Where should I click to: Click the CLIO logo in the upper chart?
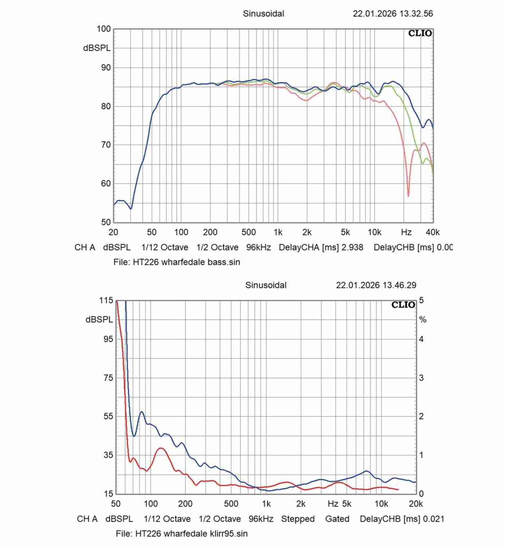pyautogui.click(x=420, y=34)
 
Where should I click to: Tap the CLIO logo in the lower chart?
pyautogui.click(x=403, y=305)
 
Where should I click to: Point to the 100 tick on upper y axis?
pyautogui.click(x=104, y=29)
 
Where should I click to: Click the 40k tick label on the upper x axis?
pyautogui.click(x=432, y=232)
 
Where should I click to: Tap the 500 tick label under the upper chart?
pyautogui.click(x=248, y=232)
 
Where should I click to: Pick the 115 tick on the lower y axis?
pyautogui.click(x=106, y=300)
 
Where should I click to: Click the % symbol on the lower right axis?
pyautogui.click(x=423, y=320)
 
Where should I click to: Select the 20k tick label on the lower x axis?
pyautogui.click(x=416, y=504)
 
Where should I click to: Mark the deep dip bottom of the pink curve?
pyautogui.click(x=408, y=196)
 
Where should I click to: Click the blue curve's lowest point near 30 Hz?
pyautogui.click(x=131, y=209)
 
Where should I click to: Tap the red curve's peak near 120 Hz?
pyautogui.click(x=161, y=448)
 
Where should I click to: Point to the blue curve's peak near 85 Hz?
pyautogui.click(x=141, y=412)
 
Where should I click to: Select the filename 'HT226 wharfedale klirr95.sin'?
pyautogui.click(x=191, y=534)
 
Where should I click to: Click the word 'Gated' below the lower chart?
pyautogui.click(x=337, y=519)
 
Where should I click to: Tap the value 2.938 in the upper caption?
pyautogui.click(x=352, y=247)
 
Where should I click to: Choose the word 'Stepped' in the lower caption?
pyautogui.click(x=298, y=519)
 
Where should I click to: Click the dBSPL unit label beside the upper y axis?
pyautogui.click(x=97, y=48)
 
